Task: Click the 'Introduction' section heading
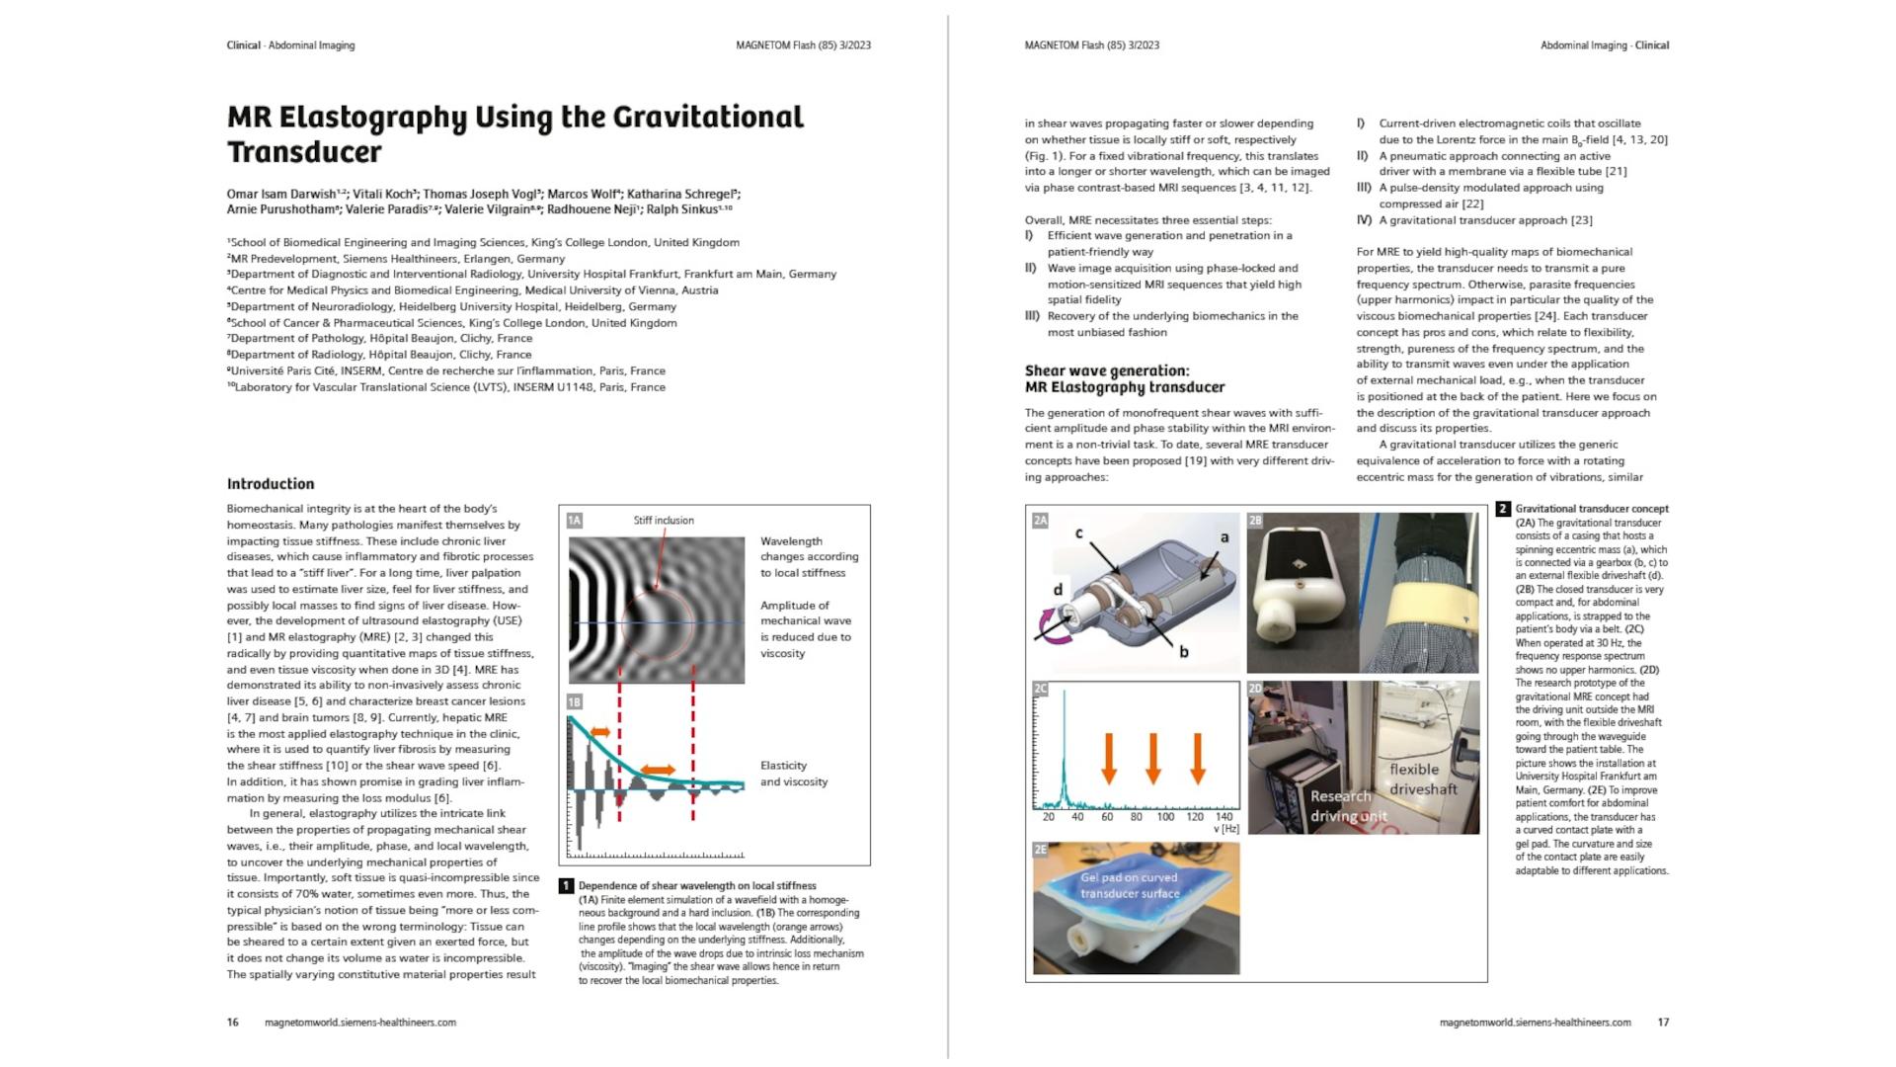click(271, 484)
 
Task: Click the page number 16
click(233, 1023)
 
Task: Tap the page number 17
click(1663, 1023)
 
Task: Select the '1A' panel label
click(575, 521)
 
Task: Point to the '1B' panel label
click(575, 701)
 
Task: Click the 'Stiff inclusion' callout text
click(664, 521)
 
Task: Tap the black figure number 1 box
click(567, 886)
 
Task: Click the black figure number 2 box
click(1503, 510)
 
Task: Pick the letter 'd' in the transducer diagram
click(1058, 590)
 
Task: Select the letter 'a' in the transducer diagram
click(1224, 537)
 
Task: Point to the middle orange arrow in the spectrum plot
click(1152, 758)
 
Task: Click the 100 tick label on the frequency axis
click(1165, 817)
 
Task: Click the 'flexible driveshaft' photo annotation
click(1423, 779)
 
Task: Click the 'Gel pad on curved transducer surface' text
click(1130, 885)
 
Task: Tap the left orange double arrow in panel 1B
click(599, 733)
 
